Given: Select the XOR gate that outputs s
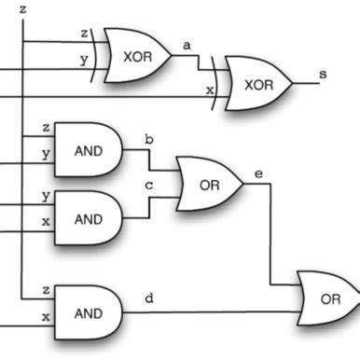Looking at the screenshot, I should [x=257, y=84].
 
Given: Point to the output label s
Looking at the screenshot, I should [x=323, y=72].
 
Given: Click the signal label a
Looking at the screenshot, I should [x=187, y=45].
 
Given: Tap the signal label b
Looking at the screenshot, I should [x=146, y=139].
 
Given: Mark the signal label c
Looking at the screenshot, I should [x=146, y=186].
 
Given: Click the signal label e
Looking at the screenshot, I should [x=258, y=173].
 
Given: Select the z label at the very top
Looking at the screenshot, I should [x=22, y=8].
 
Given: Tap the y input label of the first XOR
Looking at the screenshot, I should [x=85, y=61].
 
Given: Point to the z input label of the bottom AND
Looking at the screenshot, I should [x=46, y=291].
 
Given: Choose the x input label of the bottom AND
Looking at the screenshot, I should [x=46, y=317].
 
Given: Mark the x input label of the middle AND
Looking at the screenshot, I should [x=46, y=221].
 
